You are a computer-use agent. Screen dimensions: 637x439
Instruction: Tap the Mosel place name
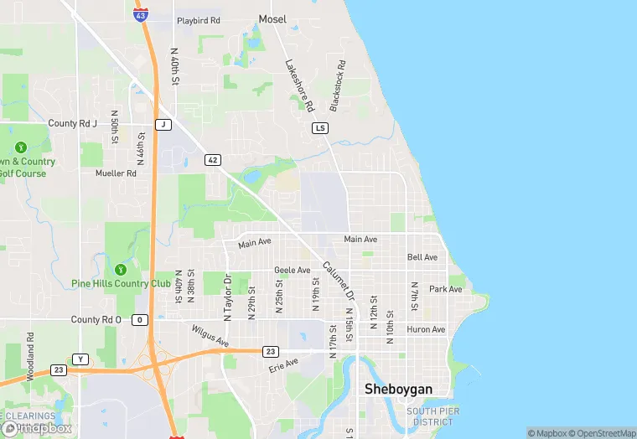point(272,18)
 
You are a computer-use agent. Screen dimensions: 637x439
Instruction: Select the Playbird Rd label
point(198,20)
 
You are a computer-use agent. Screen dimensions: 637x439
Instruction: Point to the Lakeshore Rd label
point(298,85)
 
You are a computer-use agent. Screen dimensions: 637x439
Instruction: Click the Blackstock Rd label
point(337,87)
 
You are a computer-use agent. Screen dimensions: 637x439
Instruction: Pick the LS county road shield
point(319,128)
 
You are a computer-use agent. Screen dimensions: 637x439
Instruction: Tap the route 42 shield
point(213,159)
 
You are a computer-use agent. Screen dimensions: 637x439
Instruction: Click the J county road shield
point(163,125)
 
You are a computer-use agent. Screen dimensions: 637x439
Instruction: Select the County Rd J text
point(73,123)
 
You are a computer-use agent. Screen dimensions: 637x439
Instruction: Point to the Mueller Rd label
point(116,173)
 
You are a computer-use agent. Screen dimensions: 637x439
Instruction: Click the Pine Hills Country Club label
point(121,283)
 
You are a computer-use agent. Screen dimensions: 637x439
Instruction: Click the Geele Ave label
point(292,270)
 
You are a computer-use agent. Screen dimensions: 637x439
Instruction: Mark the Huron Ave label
point(426,329)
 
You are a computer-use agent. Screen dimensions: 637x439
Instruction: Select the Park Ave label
point(445,289)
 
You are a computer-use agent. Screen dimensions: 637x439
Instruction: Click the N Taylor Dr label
point(227,297)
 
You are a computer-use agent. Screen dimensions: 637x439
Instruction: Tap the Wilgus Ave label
point(210,336)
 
